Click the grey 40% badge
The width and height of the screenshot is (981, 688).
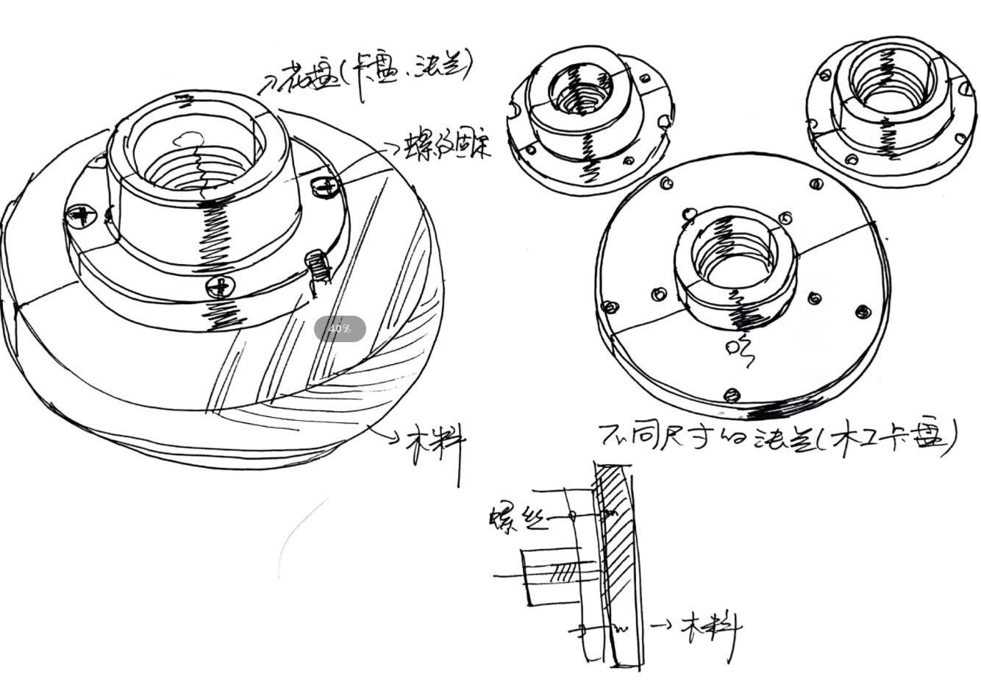point(340,329)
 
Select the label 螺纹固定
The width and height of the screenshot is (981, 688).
point(447,146)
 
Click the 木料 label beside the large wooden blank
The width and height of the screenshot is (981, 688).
point(437,444)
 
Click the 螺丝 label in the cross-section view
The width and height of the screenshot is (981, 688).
point(518,518)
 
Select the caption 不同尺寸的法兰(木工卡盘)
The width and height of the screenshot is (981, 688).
point(778,437)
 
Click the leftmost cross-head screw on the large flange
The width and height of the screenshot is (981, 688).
point(81,215)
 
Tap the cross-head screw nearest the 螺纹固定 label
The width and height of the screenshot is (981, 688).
point(324,186)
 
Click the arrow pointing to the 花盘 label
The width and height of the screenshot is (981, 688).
point(268,86)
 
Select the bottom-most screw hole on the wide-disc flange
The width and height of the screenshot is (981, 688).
point(731,395)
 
